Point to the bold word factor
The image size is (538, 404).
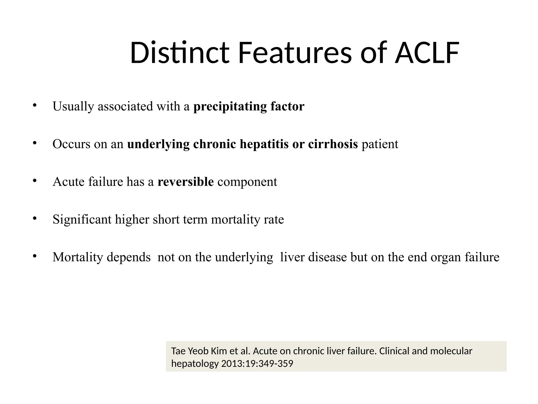287,106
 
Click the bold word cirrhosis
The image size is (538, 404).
333,144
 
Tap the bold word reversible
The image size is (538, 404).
185,182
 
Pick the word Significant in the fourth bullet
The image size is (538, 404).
82,220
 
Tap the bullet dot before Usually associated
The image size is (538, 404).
34,105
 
